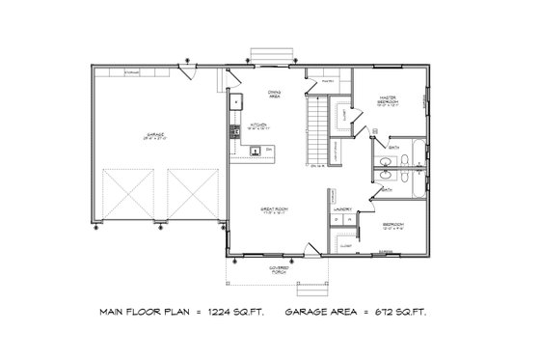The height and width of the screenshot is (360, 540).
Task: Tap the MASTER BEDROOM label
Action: [389, 97]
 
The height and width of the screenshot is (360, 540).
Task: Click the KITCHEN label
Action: [258, 125]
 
